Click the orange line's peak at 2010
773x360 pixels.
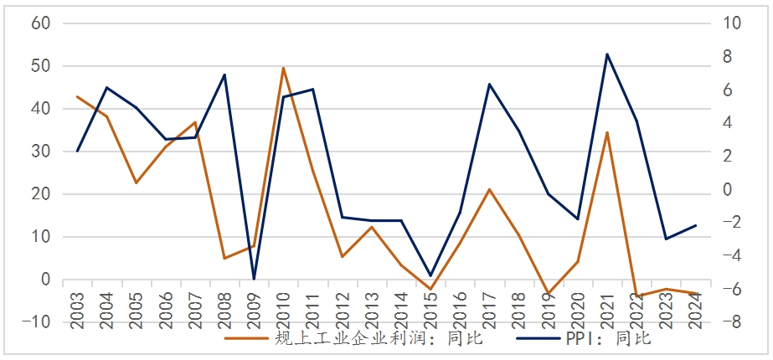click(x=283, y=68)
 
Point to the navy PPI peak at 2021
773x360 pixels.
click(x=606, y=54)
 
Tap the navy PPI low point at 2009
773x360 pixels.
click(x=254, y=279)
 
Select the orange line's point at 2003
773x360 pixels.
click(x=77, y=97)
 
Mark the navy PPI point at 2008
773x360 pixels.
click(x=224, y=75)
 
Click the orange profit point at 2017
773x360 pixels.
click(x=489, y=189)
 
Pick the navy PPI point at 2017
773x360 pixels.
click(x=489, y=84)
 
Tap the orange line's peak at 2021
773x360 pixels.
click(x=606, y=132)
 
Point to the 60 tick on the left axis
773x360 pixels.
click(x=41, y=23)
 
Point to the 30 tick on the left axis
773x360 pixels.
click(x=41, y=152)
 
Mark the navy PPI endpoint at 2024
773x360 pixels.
click(x=695, y=225)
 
